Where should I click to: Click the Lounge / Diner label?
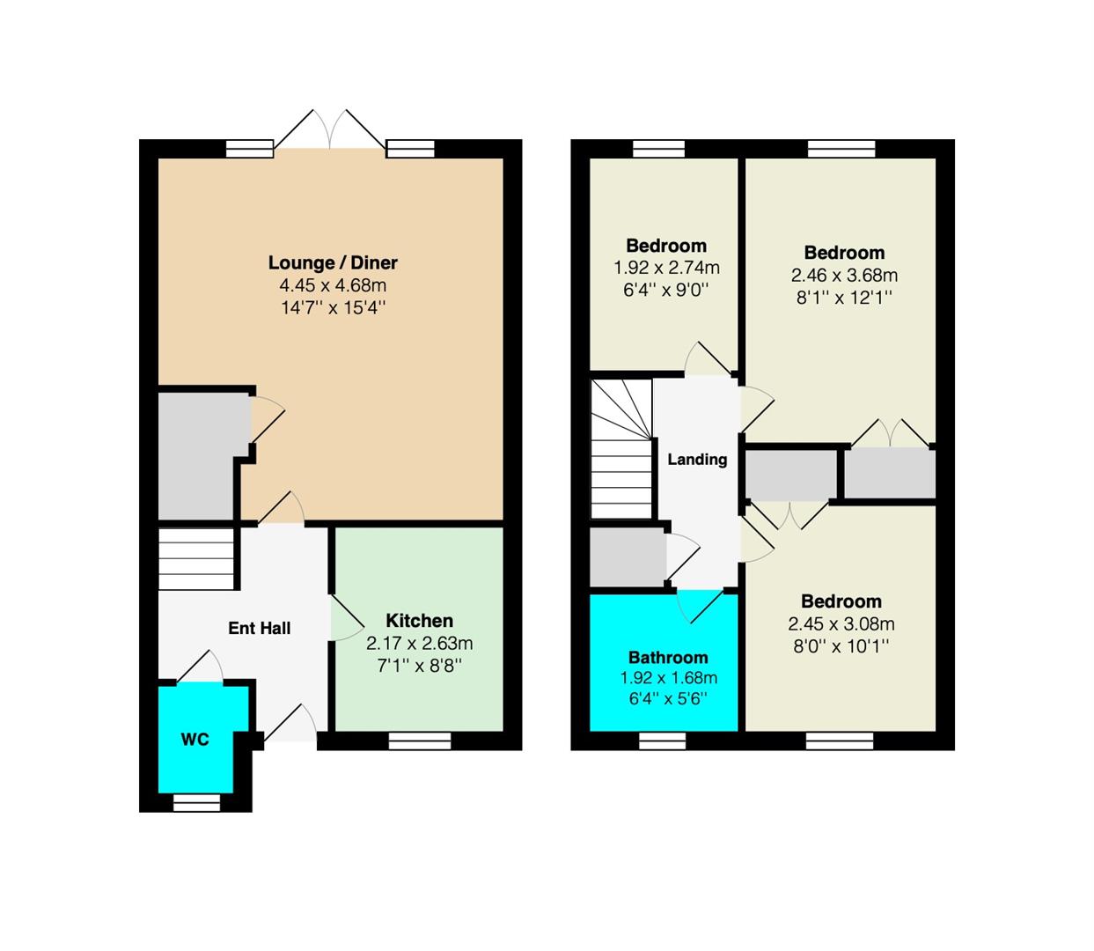333,262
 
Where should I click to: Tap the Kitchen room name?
419,621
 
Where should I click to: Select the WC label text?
195,739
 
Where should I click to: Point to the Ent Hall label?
260,628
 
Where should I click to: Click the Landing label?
697,459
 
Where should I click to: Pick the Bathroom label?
668,657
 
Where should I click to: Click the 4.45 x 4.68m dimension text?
333,285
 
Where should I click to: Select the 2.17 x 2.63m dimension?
419,643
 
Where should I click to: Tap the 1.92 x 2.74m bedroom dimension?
666,268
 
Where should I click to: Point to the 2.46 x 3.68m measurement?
844,275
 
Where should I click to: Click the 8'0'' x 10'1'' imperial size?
841,646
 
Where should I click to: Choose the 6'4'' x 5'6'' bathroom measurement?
668,698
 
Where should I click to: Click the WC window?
196,803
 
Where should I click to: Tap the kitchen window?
420,741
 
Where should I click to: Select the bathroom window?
663,741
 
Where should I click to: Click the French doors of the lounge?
330,130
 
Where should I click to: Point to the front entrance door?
290,723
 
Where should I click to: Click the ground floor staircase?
197,559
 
